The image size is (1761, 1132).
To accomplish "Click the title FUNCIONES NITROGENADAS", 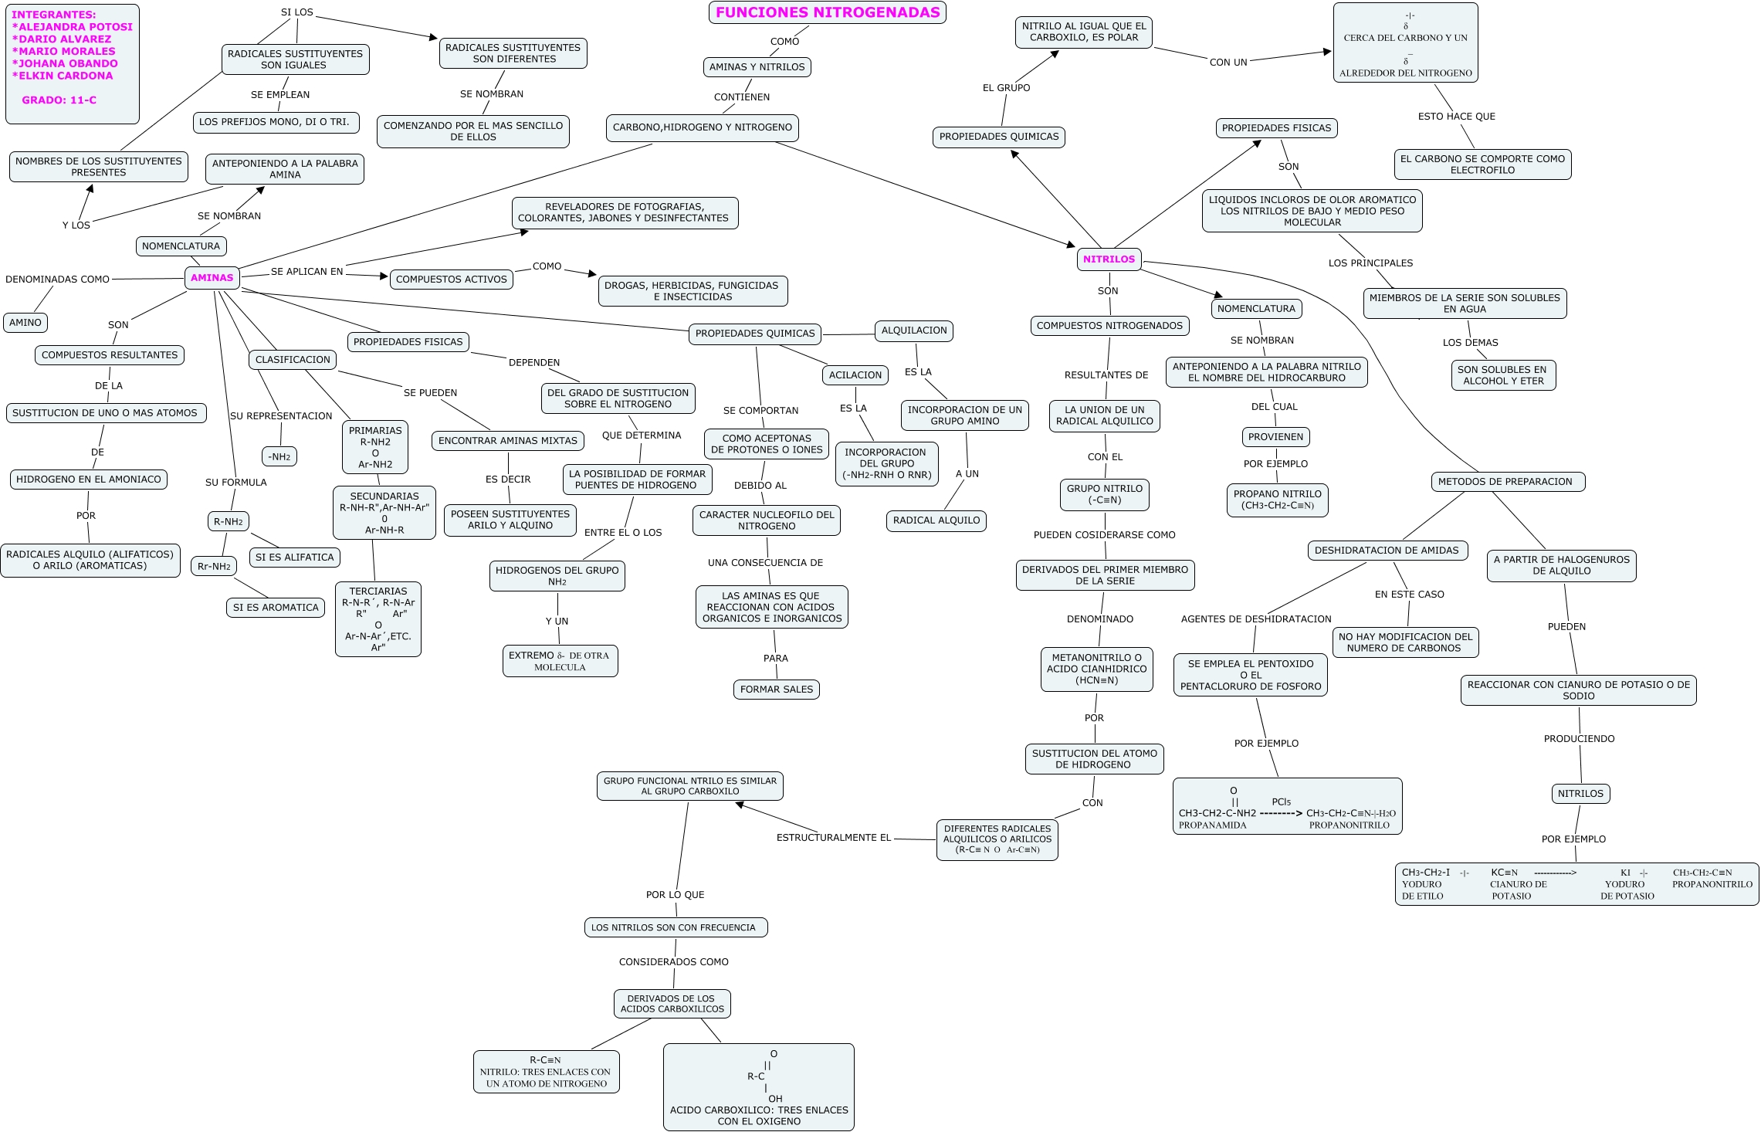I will tap(828, 12).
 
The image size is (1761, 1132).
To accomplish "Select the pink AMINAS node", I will tap(212, 278).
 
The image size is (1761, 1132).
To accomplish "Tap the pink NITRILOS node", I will tap(1109, 259).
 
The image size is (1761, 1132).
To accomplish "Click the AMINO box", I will tap(25, 323).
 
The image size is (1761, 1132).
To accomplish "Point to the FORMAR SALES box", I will tap(776, 690).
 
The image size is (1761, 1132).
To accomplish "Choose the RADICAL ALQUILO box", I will tap(936, 520).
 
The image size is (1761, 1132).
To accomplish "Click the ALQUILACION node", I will tap(914, 330).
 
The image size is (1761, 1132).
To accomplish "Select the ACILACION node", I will tap(855, 375).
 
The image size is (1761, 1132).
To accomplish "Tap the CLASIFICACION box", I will tap(293, 360).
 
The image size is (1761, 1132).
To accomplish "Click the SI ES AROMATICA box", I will tap(276, 608).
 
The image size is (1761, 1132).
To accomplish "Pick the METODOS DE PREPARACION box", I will tap(1505, 482).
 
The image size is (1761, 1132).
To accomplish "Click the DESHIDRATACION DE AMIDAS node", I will tap(1387, 551).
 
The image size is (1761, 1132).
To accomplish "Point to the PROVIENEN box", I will tap(1275, 437).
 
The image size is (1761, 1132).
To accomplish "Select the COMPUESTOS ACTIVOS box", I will tap(452, 280).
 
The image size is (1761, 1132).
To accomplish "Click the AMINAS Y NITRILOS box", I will tap(757, 67).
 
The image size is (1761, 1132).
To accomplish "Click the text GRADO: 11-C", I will tap(59, 100).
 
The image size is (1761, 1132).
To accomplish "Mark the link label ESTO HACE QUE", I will tap(1456, 117).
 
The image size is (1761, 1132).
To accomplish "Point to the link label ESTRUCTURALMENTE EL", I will tap(833, 838).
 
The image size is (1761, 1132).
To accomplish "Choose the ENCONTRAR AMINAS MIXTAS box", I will tap(507, 441).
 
